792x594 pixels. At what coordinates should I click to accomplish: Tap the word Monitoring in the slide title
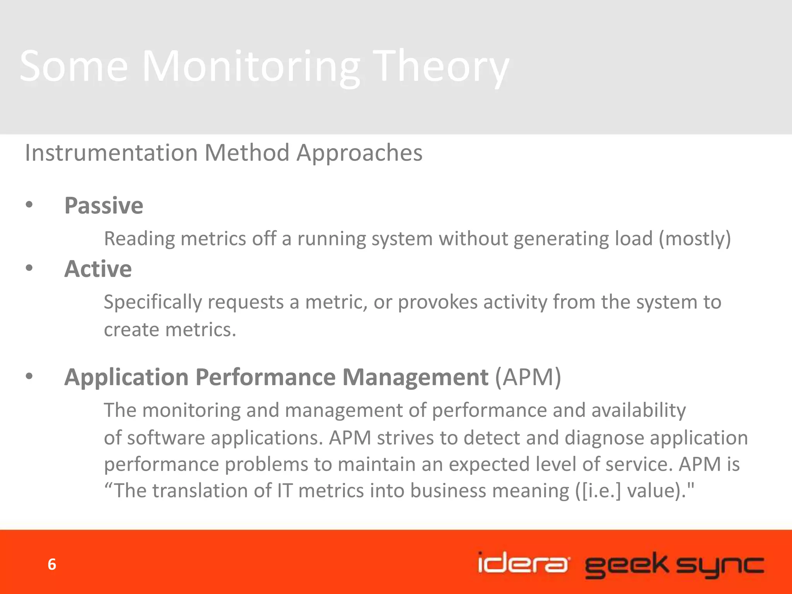pos(251,67)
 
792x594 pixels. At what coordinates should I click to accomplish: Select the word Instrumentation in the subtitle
pos(111,152)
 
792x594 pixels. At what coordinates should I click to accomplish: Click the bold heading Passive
pos(104,205)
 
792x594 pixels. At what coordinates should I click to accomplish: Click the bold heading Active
pos(98,269)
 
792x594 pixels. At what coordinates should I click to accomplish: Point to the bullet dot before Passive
pos(29,205)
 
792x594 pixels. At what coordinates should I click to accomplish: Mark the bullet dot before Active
pos(29,268)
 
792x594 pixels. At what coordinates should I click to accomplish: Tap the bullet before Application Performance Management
pos(29,376)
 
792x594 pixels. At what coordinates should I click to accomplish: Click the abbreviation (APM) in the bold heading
pos(528,377)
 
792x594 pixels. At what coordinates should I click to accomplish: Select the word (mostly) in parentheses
pos(695,239)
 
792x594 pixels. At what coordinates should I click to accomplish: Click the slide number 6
pos(52,565)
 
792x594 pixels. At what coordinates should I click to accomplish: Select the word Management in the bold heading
pos(415,377)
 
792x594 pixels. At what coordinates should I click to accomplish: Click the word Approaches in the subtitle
pos(359,152)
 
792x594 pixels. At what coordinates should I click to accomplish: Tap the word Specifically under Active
pos(153,302)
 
